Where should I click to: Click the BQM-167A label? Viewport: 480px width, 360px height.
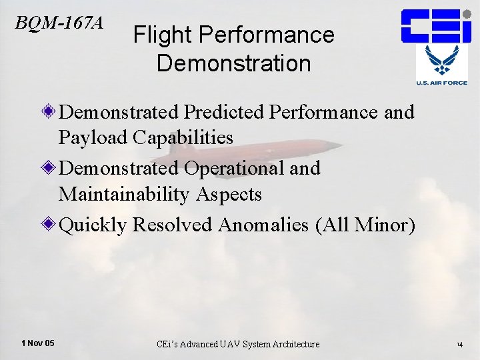click(59, 23)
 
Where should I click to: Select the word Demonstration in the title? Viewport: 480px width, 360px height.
click(233, 63)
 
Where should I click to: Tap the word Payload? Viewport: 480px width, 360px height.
click(93, 137)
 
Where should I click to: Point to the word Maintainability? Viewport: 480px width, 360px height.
click(123, 194)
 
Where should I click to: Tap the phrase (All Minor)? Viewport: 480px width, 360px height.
click(365, 225)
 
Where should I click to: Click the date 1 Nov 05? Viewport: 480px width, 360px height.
click(38, 343)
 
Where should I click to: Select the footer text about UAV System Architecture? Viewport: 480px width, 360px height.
click(238, 344)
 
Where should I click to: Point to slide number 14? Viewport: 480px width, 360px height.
click(459, 345)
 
